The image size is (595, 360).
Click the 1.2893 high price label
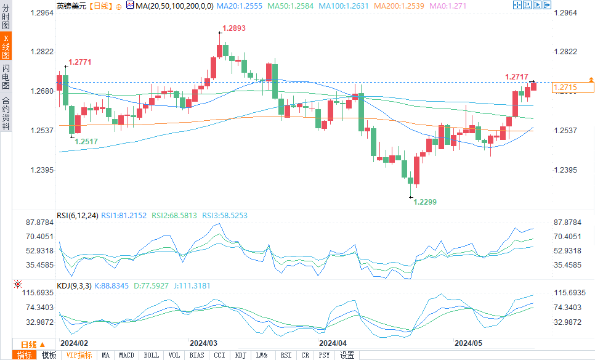point(233,28)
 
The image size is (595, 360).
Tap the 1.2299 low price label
point(424,202)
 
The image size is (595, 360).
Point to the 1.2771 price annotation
point(79,62)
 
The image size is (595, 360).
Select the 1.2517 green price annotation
point(86,141)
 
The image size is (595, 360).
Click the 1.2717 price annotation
point(516,77)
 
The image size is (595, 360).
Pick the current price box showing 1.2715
point(573,88)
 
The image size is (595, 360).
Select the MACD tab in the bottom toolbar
point(126,355)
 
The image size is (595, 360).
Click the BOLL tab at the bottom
point(151,355)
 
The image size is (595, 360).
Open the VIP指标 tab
point(79,355)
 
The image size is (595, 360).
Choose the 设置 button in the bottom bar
point(347,355)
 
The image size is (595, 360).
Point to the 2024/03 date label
point(203,342)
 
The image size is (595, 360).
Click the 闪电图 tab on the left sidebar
point(6,76)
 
